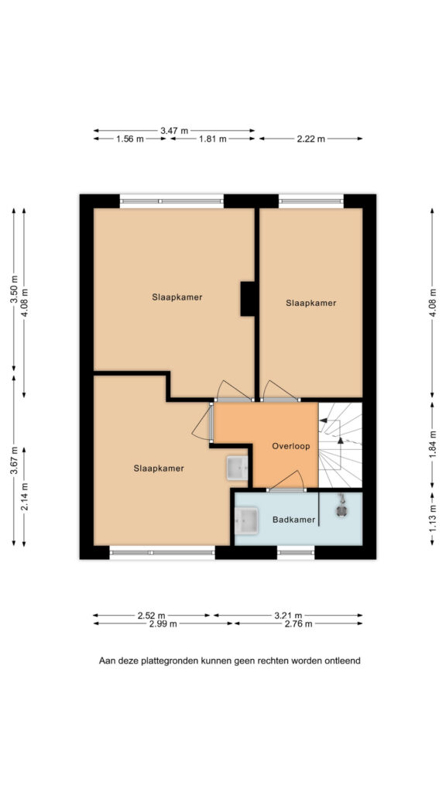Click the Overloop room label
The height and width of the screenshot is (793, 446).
click(x=291, y=446)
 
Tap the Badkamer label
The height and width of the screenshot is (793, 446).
click(x=293, y=520)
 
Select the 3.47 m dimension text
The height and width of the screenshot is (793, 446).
click(x=174, y=130)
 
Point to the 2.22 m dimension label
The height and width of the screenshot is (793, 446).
click(x=310, y=139)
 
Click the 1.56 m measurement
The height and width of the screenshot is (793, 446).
click(x=129, y=139)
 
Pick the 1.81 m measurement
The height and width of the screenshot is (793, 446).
click(x=212, y=139)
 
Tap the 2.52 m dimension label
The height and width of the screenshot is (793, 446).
click(x=151, y=616)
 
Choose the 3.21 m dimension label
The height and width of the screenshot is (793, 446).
click(x=288, y=616)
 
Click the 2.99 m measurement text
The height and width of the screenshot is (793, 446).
click(x=163, y=623)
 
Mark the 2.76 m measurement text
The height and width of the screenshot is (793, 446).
click(x=298, y=623)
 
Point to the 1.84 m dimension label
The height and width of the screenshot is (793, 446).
click(x=433, y=443)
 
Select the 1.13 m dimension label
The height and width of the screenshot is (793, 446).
click(x=433, y=519)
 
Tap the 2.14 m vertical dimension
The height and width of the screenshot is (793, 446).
click(x=24, y=496)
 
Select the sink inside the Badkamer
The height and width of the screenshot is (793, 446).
click(x=247, y=521)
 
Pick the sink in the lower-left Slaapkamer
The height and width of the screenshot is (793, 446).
click(x=237, y=467)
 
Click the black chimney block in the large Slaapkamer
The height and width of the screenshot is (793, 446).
click(x=248, y=299)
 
